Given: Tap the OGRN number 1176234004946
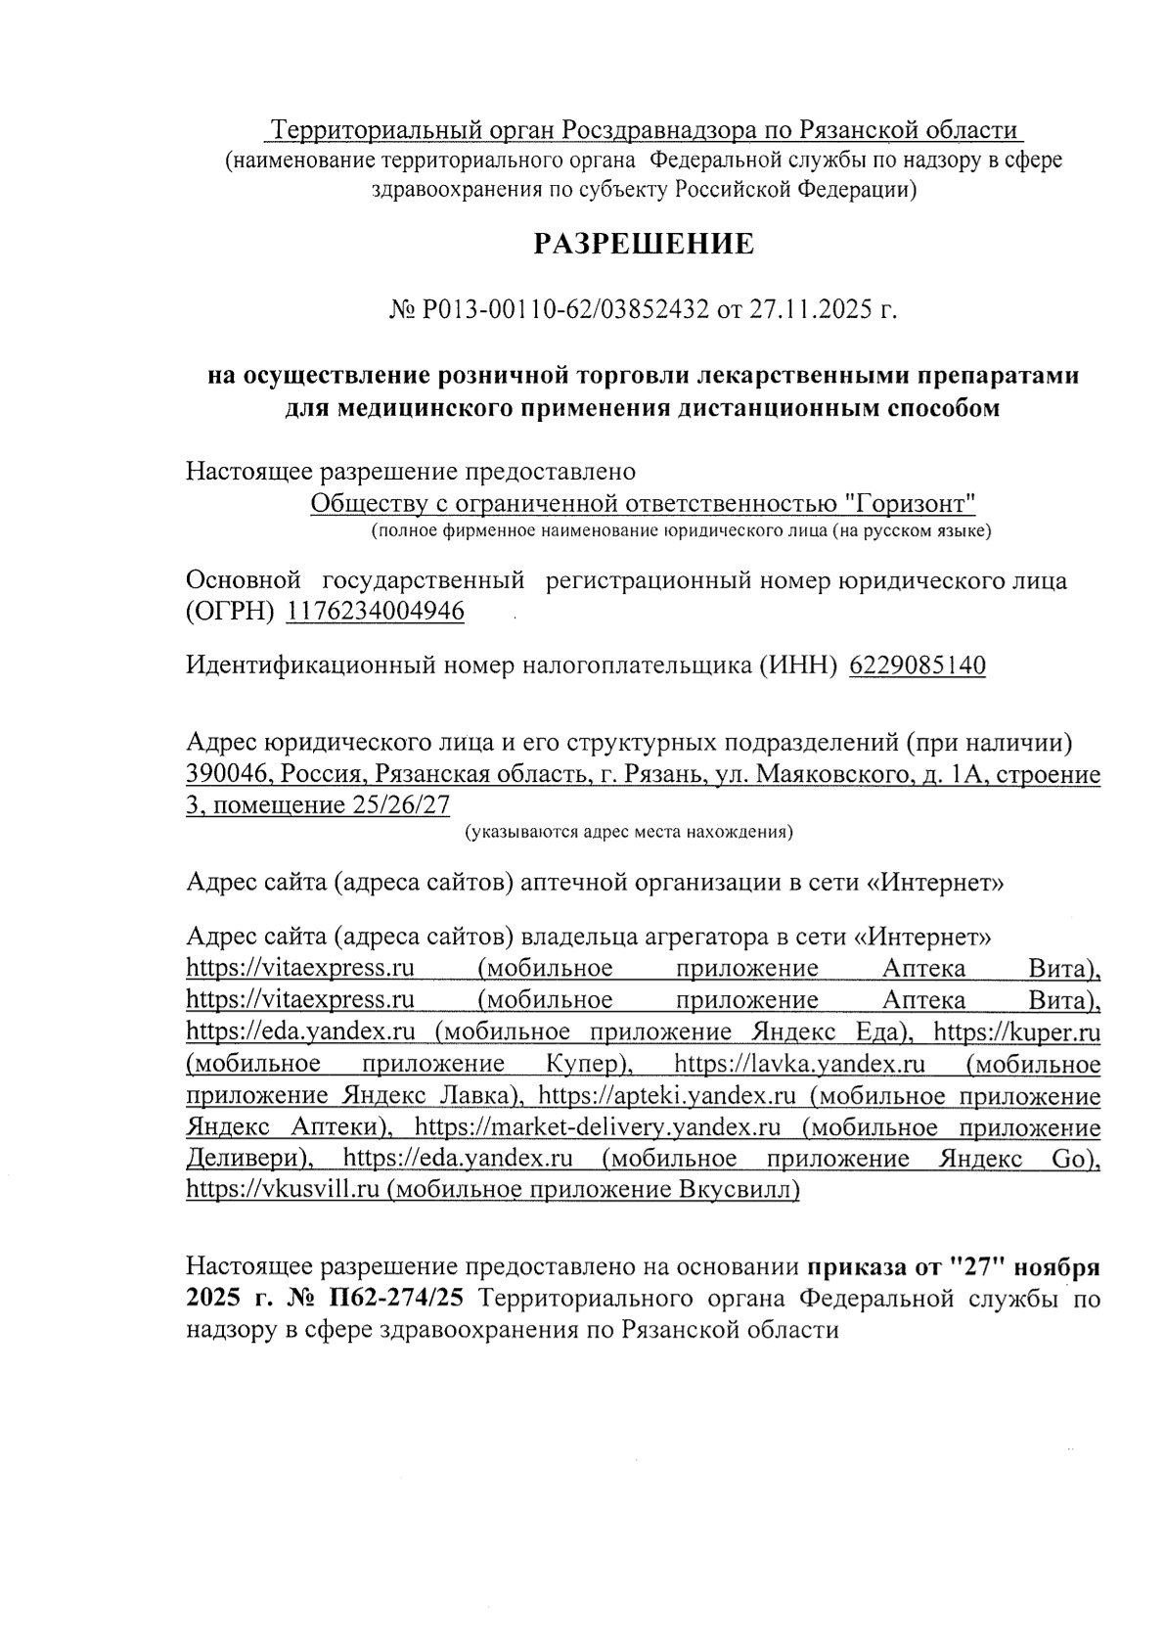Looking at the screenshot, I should (x=376, y=612).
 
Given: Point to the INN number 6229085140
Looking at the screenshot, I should (x=918, y=665).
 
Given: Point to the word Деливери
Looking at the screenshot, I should (x=248, y=1159).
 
